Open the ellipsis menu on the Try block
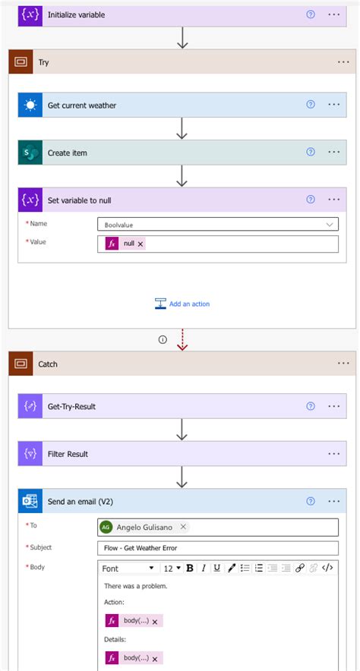342,62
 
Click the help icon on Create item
310,153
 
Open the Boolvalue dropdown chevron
330,224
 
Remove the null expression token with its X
141,244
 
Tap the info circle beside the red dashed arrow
162,340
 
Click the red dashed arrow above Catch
182,340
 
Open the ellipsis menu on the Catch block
342,364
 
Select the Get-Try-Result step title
71,407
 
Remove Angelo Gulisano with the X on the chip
183,527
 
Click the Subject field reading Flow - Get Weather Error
218,548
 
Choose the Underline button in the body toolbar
216,568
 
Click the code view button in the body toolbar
327,568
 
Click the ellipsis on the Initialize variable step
334,14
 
